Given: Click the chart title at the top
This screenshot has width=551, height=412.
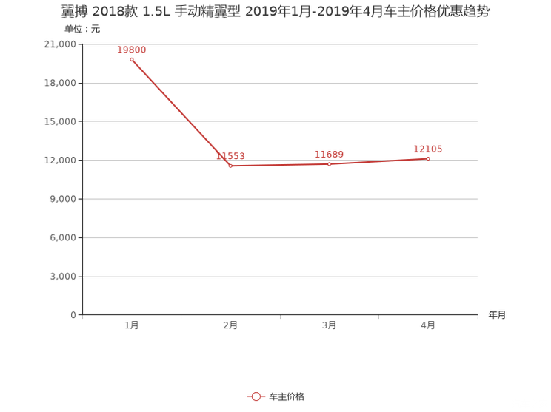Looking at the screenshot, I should click(275, 13).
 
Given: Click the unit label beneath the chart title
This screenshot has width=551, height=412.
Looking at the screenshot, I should click(81, 30).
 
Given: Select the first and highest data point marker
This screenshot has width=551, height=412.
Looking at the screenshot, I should click(132, 59).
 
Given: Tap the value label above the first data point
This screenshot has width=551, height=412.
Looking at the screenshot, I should click(132, 50).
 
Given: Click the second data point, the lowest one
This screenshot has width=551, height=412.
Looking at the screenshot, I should click(230, 166).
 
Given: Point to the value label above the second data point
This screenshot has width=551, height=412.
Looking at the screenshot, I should click(230, 156).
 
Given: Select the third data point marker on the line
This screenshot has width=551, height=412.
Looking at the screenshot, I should click(329, 163).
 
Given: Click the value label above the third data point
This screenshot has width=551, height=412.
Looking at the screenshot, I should click(329, 154).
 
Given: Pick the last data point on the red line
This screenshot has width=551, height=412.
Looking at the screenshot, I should click(428, 158).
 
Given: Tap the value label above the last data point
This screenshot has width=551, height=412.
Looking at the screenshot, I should click(428, 149).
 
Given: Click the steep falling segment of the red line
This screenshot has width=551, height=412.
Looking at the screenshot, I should click(181, 113).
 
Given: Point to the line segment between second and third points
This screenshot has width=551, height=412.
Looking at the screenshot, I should click(280, 165).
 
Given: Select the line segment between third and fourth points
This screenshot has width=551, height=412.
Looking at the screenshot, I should click(378, 161).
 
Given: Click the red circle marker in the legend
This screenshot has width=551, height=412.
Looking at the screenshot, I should click(256, 397).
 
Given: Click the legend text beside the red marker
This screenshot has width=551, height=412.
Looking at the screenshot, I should click(287, 397).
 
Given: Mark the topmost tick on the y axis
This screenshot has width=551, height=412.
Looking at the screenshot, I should click(80, 44).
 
